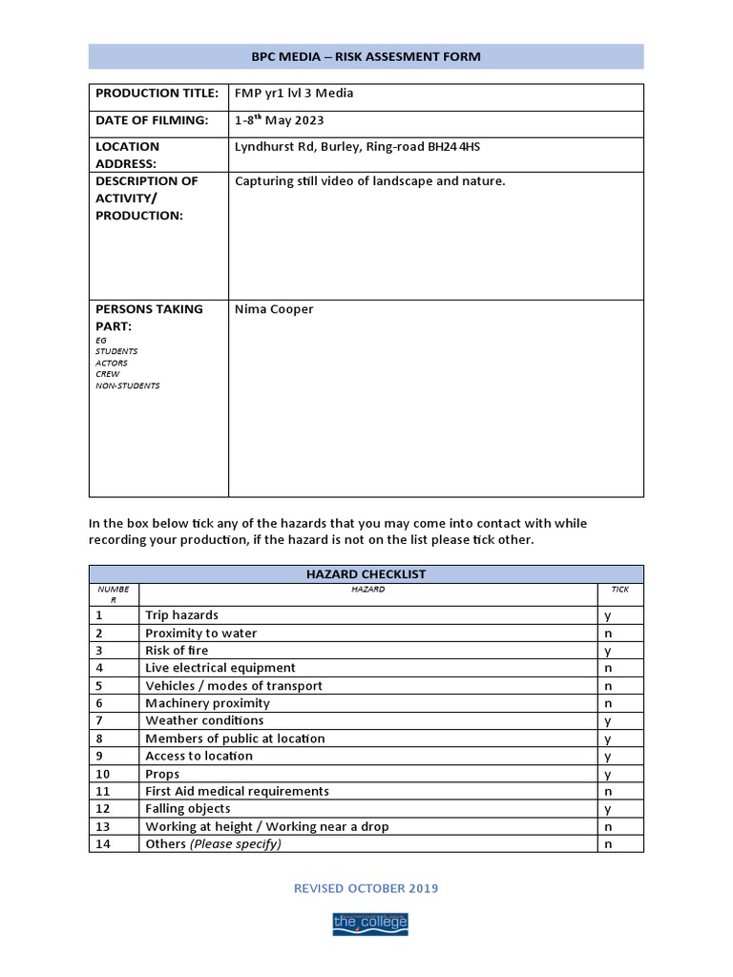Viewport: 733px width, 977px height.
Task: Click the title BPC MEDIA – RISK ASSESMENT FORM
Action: [366, 57]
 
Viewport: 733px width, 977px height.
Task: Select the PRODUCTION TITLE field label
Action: [157, 94]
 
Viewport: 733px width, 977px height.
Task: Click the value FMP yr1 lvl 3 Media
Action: [294, 94]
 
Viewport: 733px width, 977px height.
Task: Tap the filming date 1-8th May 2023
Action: [279, 120]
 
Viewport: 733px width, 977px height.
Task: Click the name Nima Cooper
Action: [274, 309]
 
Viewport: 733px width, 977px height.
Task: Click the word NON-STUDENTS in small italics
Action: [128, 385]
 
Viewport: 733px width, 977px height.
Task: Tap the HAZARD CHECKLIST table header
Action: [366, 574]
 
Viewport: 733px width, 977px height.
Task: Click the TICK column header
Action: [620, 590]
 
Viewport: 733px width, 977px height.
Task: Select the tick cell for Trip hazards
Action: [608, 616]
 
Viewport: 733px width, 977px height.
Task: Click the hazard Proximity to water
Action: [200, 634]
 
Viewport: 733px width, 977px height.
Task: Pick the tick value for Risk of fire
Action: [608, 651]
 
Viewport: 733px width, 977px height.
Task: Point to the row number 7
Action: [99, 721]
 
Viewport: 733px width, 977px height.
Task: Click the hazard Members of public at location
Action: [235, 738]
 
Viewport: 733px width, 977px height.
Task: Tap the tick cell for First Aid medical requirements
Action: [608, 792]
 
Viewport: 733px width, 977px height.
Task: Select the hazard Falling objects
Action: [187, 809]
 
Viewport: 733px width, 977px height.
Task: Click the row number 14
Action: [103, 844]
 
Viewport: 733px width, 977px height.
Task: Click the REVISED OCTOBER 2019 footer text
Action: [366, 888]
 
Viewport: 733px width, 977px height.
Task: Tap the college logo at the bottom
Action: [369, 923]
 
